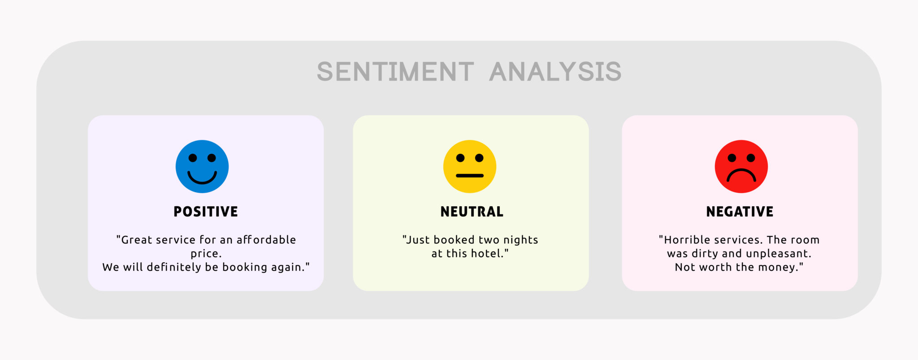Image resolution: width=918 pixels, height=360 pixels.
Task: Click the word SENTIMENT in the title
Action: [x=395, y=72]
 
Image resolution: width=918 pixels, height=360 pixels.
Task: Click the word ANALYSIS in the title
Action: [x=555, y=72]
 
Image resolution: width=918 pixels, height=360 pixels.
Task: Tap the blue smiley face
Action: [x=202, y=166]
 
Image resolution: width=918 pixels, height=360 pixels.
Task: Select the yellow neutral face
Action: [x=470, y=166]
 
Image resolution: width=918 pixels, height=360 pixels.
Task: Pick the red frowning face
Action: [x=741, y=166]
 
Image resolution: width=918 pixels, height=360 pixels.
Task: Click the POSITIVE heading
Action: [x=206, y=212]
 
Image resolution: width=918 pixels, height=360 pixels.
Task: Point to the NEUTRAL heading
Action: [x=472, y=212]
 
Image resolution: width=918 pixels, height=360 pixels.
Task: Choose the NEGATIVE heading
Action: [x=740, y=212]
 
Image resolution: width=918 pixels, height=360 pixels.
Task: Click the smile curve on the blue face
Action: [x=202, y=179]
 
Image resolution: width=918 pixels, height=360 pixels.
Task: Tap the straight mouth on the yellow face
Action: [x=470, y=176]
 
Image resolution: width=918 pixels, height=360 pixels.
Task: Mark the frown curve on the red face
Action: [x=741, y=173]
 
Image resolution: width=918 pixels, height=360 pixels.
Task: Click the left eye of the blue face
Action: [x=193, y=158]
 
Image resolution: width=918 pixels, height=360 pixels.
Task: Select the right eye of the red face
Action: [x=751, y=158]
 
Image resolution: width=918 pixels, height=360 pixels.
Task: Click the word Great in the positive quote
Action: [x=137, y=240]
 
